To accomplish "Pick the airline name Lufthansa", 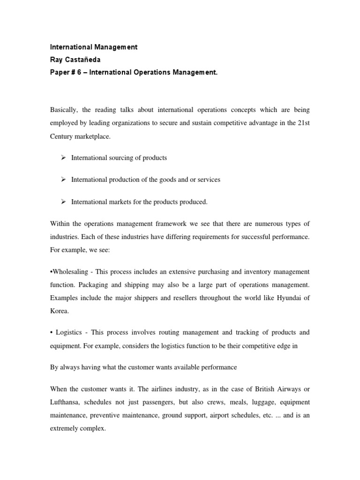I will [66, 402].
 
